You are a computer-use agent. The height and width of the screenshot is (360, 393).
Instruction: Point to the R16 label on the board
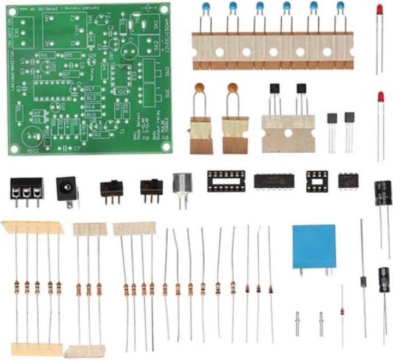click(x=91, y=106)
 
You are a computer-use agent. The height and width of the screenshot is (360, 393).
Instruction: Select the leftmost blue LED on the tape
click(x=206, y=7)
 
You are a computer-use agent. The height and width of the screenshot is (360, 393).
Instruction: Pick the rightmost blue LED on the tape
click(x=340, y=7)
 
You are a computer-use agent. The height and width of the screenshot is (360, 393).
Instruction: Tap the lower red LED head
click(x=380, y=97)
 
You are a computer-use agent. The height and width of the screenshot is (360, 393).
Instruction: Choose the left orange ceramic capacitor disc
click(x=200, y=87)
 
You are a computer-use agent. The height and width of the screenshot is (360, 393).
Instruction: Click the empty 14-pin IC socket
click(x=225, y=181)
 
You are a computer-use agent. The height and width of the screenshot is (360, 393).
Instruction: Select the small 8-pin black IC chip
click(x=348, y=181)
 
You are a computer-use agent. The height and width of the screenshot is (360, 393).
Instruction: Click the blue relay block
click(x=314, y=246)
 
